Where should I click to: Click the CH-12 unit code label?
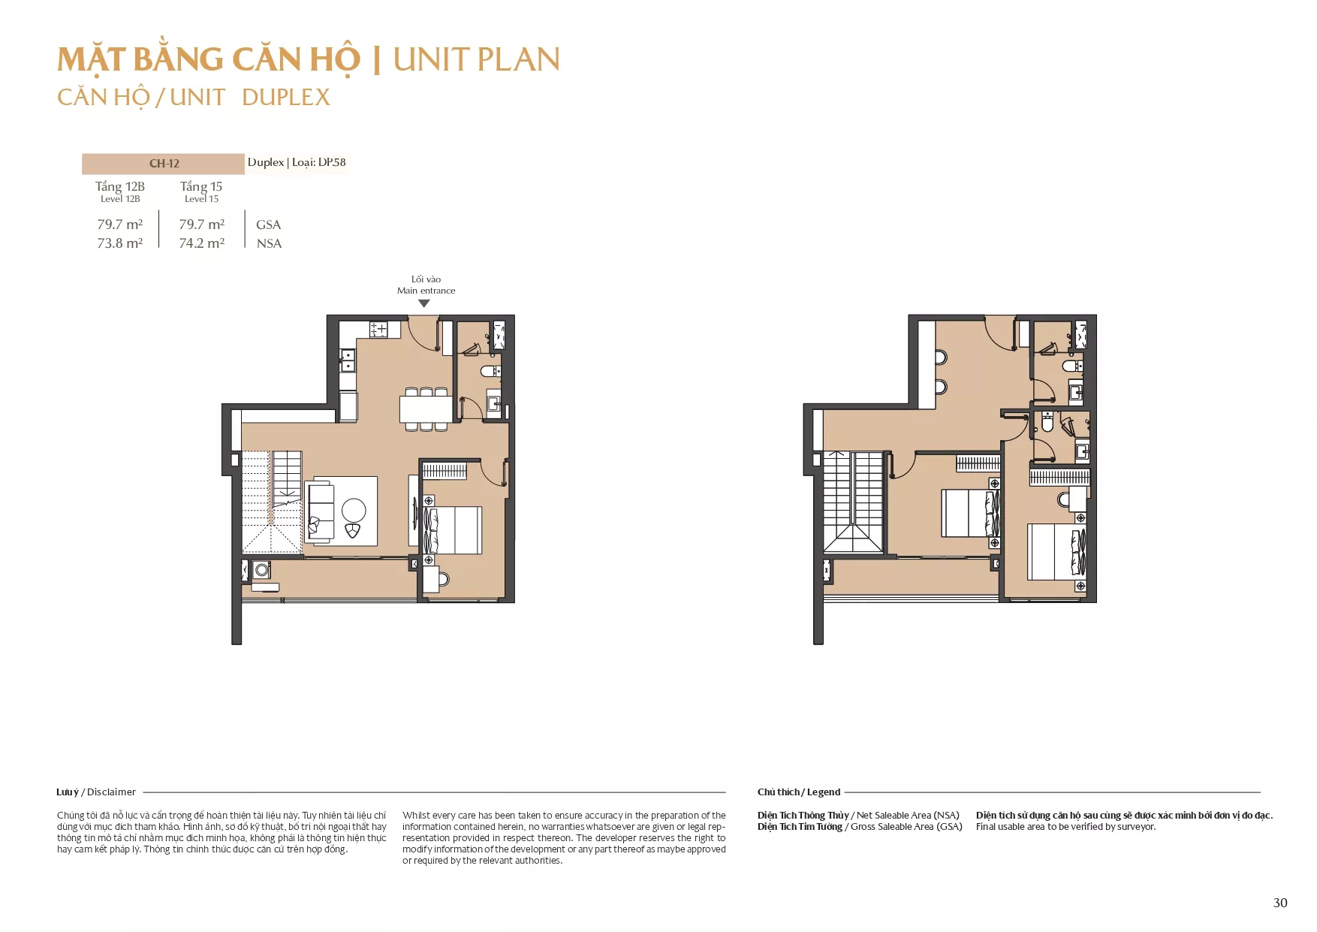(x=164, y=164)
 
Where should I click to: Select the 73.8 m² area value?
(x=120, y=243)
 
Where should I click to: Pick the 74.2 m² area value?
(x=202, y=243)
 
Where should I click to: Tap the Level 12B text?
(x=120, y=199)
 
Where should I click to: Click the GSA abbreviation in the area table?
(x=268, y=225)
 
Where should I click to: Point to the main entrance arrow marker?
(x=424, y=303)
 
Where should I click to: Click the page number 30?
(x=1280, y=903)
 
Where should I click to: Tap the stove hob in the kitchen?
(x=378, y=329)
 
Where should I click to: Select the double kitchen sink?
(x=348, y=360)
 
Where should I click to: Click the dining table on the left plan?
(x=426, y=409)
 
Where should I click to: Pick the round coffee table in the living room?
(x=354, y=510)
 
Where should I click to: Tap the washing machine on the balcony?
(x=261, y=570)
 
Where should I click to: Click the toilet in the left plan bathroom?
(x=490, y=371)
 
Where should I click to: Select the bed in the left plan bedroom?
(x=453, y=530)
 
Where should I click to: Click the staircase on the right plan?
(x=854, y=502)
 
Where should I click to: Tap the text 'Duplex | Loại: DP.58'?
(x=297, y=162)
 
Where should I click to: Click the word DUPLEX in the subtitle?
(x=286, y=97)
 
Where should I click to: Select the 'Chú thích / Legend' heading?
(x=799, y=792)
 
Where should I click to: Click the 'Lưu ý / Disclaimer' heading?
(x=96, y=792)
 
